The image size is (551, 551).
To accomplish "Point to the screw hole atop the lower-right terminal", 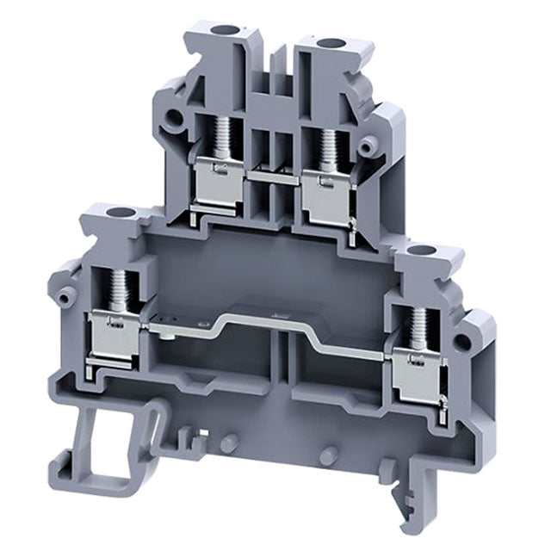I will coord(422,251).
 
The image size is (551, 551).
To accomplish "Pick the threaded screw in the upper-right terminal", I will coord(327,142).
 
